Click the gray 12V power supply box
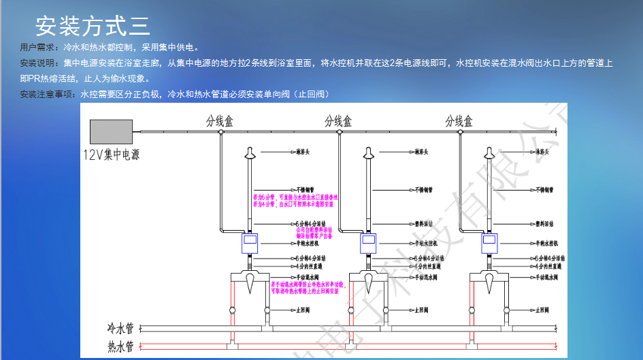(x=111, y=131)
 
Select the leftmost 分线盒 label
(x=220, y=121)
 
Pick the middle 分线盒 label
(x=338, y=121)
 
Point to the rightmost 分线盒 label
(x=459, y=121)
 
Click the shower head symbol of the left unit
(x=250, y=154)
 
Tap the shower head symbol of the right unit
(x=489, y=154)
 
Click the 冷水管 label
(x=120, y=327)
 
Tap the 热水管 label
(x=120, y=345)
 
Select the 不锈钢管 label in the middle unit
(x=423, y=190)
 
